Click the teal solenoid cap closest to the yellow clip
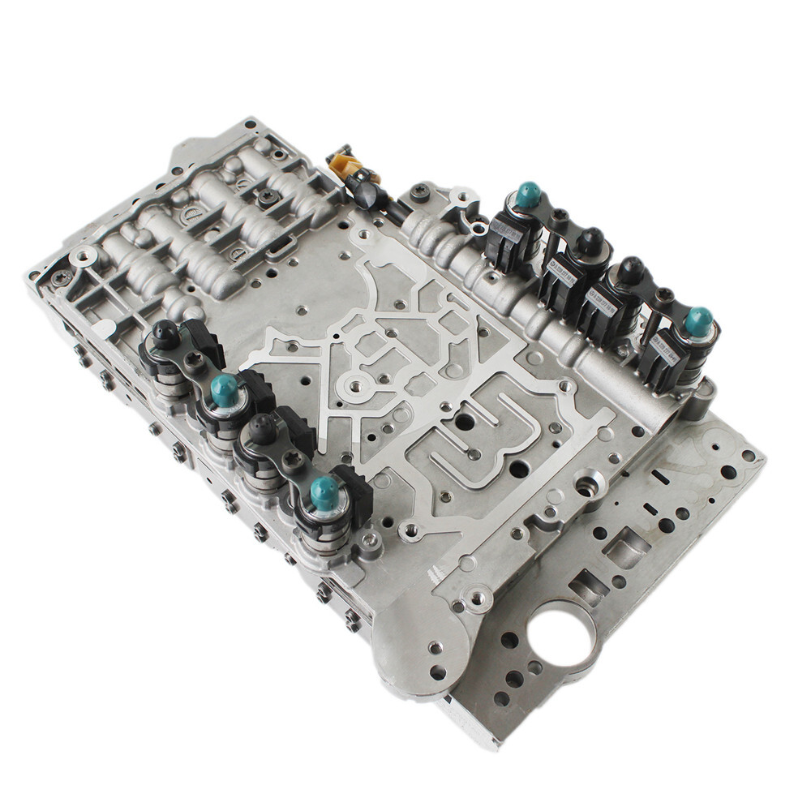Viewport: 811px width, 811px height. coord(528,195)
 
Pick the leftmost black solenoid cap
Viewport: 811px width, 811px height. coord(165,333)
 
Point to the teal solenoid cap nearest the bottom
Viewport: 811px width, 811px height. coord(324,492)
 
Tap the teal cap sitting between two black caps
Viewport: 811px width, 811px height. coord(225,391)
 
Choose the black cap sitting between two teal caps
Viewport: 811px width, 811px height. coord(263,428)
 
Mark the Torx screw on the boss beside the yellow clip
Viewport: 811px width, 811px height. coord(419,191)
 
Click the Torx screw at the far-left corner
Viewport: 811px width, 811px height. coord(61,277)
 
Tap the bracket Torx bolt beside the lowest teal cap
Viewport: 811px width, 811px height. coord(293,460)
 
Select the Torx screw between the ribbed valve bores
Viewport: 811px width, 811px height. coord(267,195)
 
